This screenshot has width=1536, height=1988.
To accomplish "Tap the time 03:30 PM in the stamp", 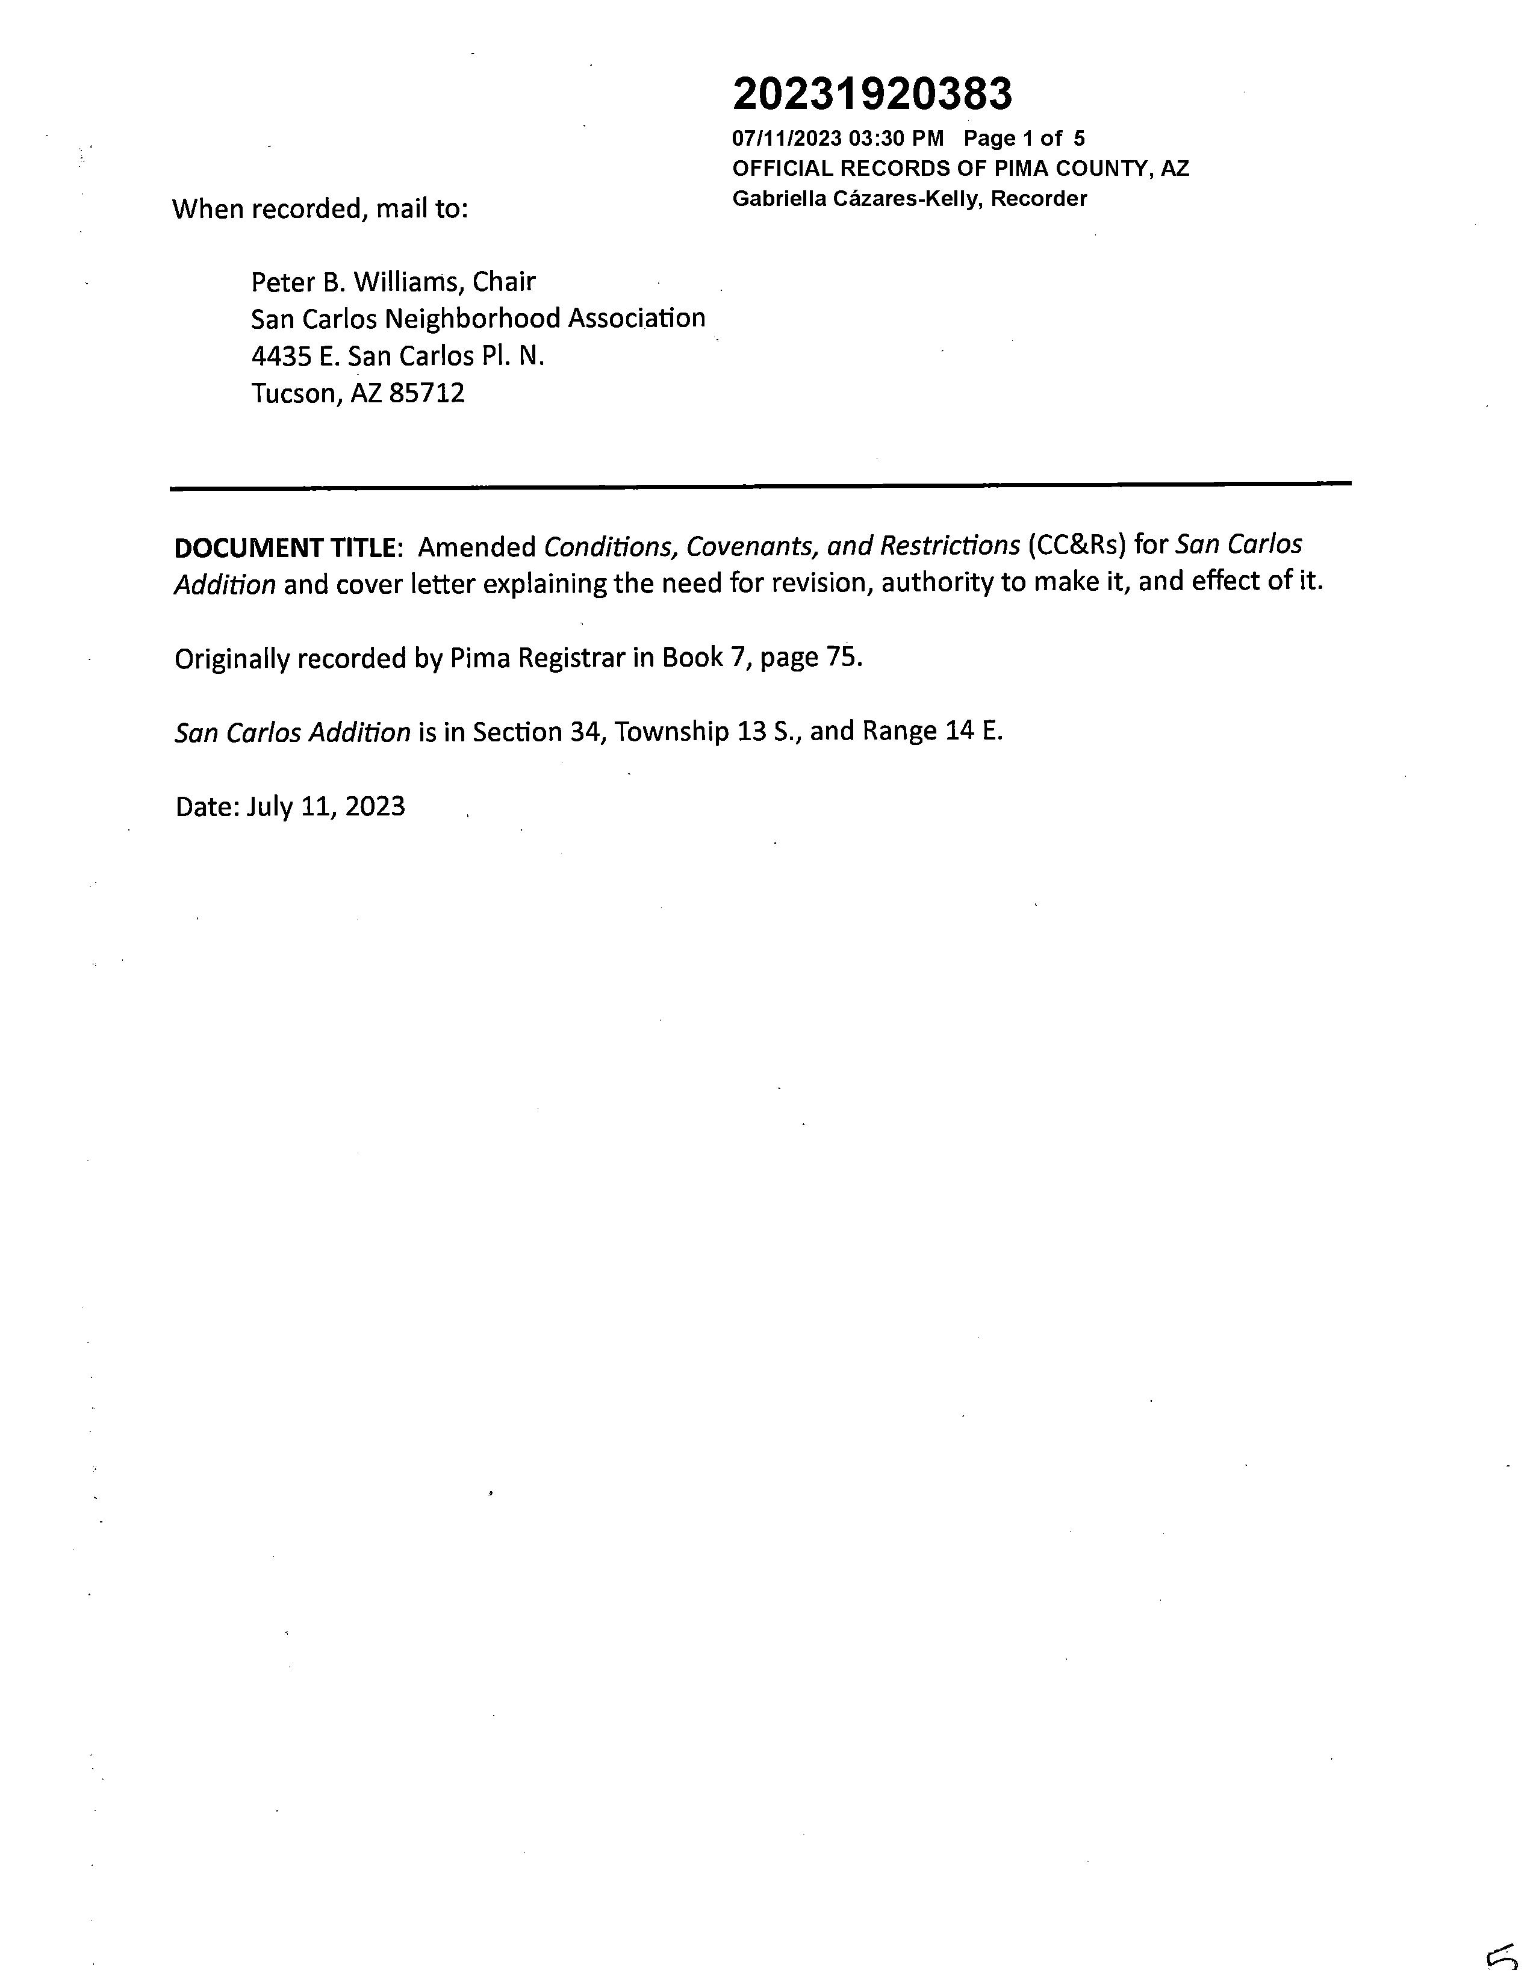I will (897, 139).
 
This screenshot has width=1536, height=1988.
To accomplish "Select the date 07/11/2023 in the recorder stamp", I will (787, 139).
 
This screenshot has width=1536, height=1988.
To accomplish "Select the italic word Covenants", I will (750, 546).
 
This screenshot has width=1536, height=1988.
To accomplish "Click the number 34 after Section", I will (584, 732).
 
